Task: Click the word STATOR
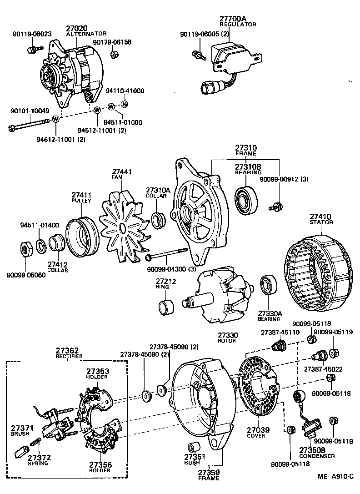[x=322, y=222]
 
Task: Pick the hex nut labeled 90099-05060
[x=25, y=249]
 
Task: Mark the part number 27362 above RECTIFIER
[x=69, y=351]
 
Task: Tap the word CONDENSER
[x=316, y=456]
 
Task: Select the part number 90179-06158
[x=112, y=42]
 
